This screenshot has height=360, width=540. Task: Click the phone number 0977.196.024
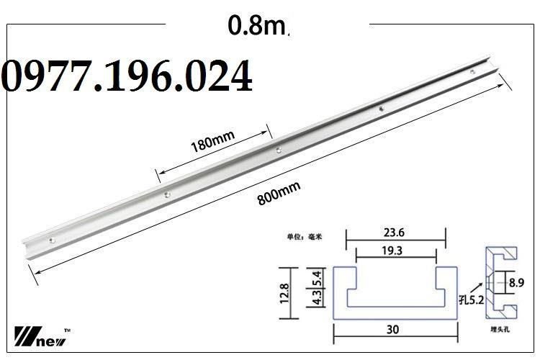(127, 77)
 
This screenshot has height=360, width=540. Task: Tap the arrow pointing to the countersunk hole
(483, 288)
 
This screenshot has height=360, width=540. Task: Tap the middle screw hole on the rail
(278, 151)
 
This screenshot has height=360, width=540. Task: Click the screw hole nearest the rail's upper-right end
(472, 72)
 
